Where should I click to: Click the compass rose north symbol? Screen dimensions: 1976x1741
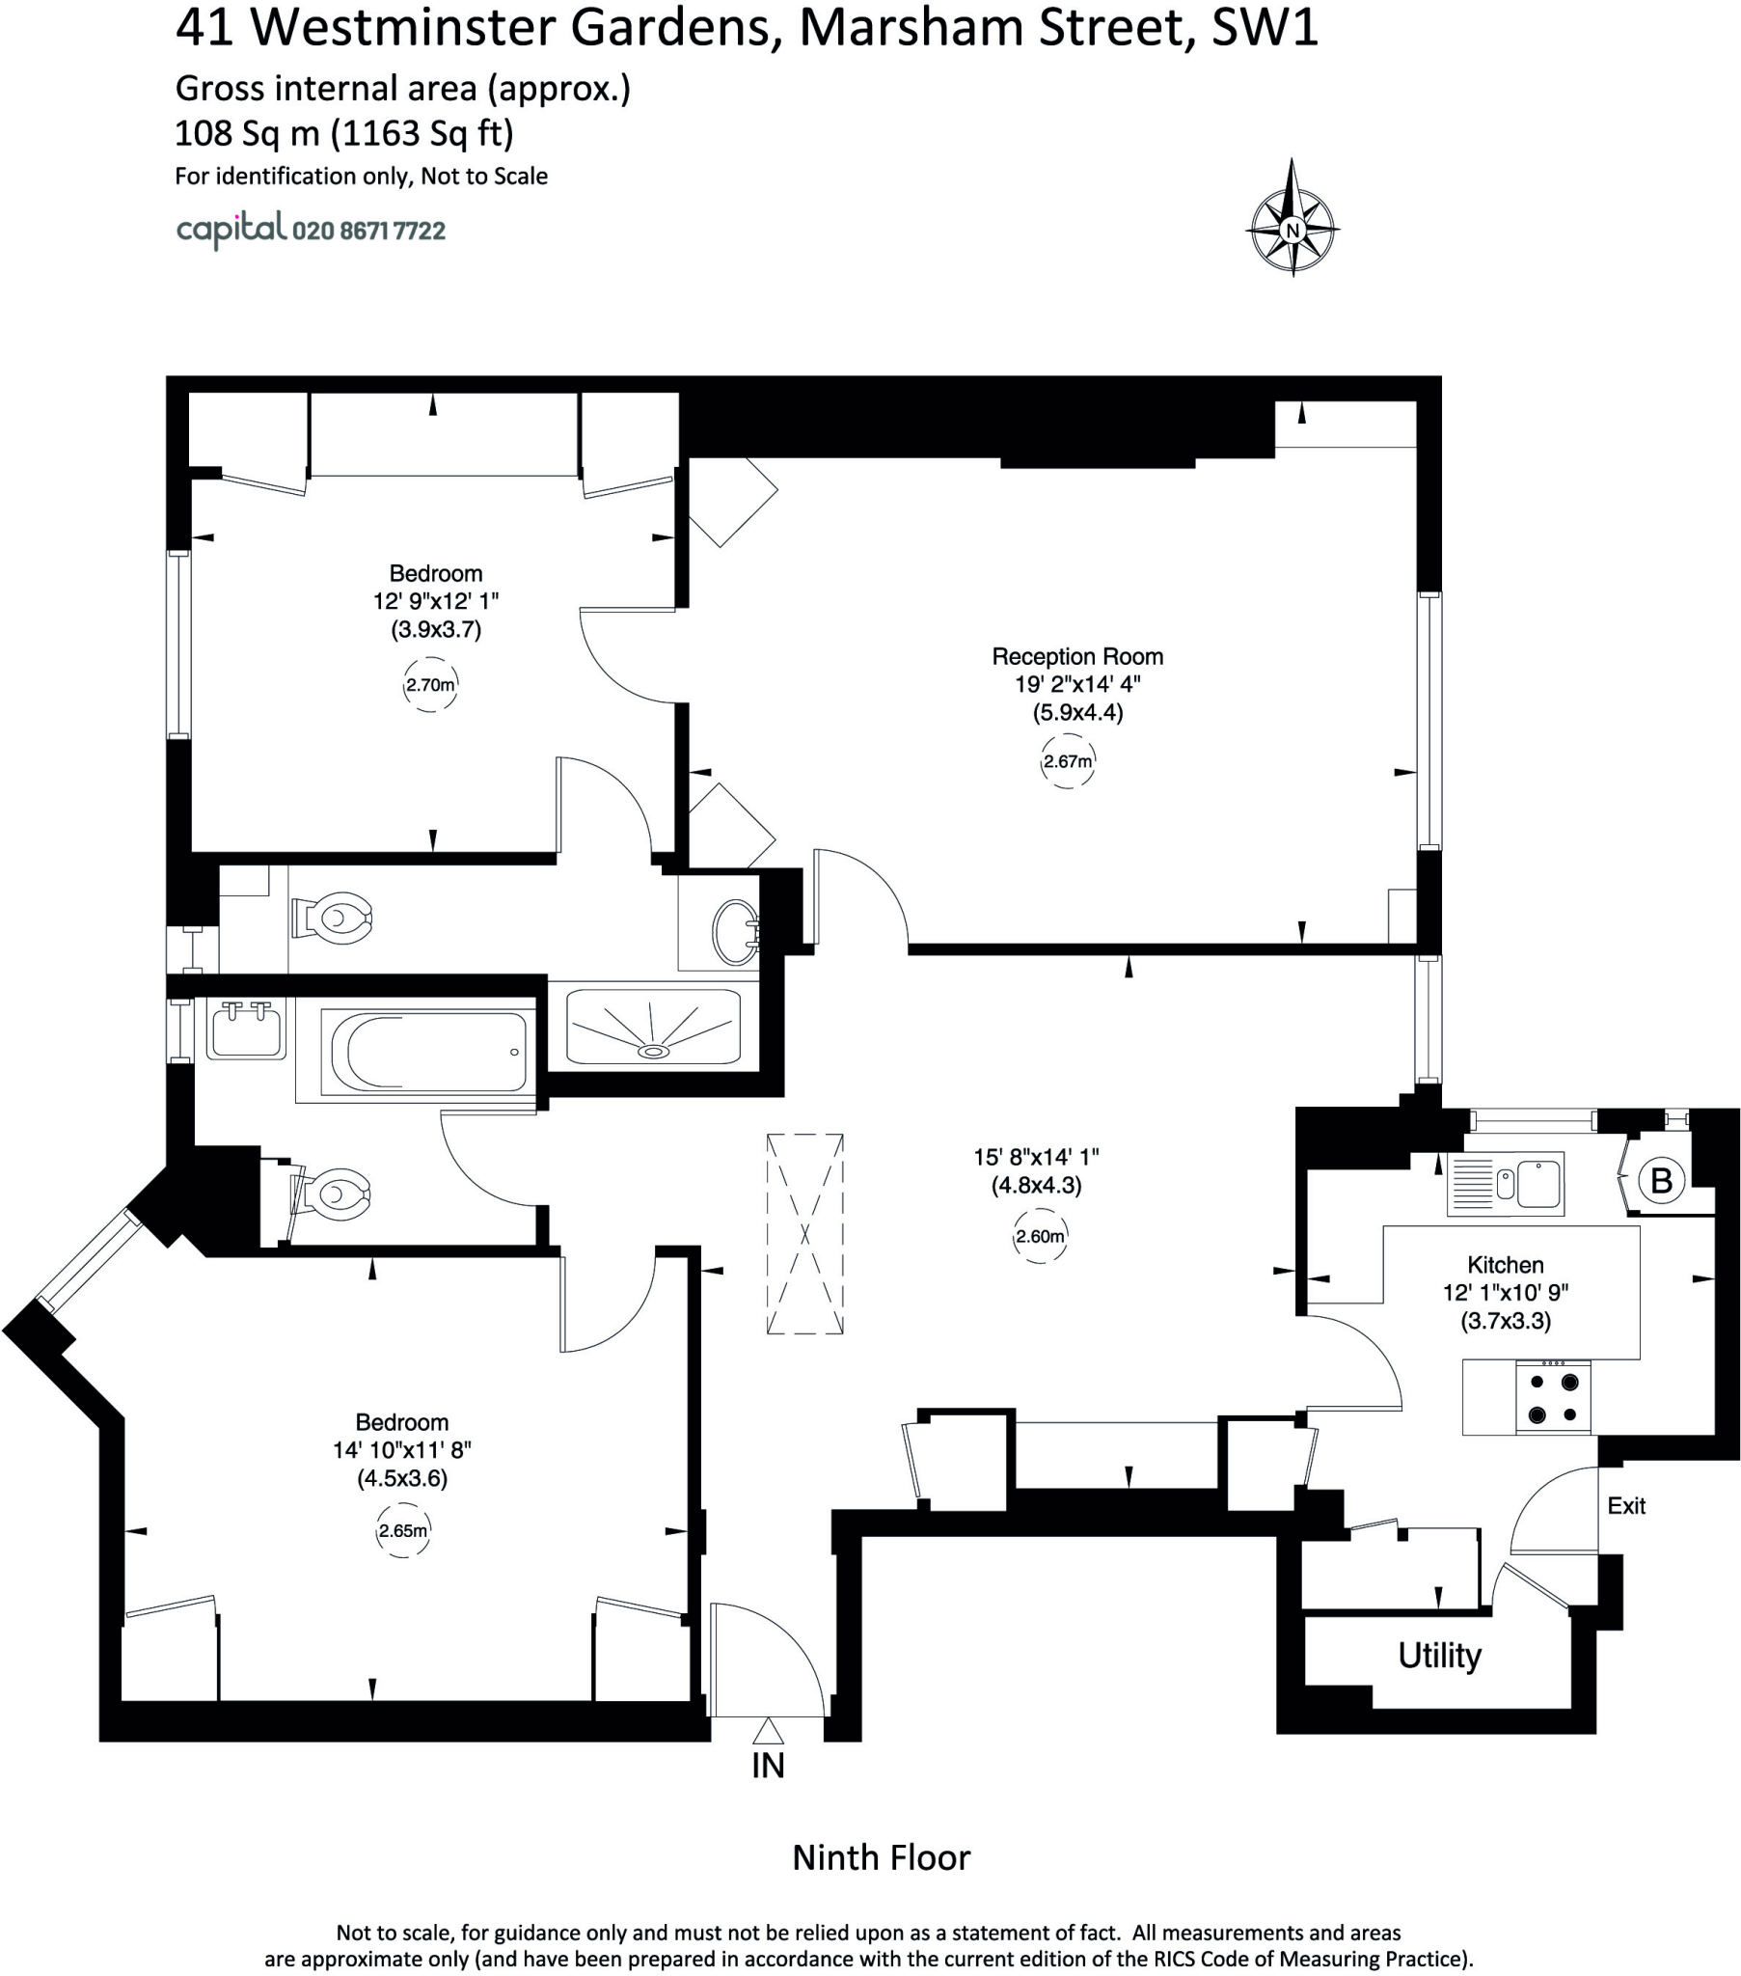pyautogui.click(x=1292, y=230)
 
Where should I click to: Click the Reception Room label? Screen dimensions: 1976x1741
pyautogui.click(x=1076, y=656)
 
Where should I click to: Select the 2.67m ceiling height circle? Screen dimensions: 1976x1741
pyautogui.click(x=1067, y=761)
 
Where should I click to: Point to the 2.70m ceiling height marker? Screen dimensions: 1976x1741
pyautogui.click(x=429, y=684)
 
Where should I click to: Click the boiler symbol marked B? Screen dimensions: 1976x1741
pyautogui.click(x=1661, y=1180)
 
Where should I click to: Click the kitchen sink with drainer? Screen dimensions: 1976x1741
pyautogui.click(x=1505, y=1181)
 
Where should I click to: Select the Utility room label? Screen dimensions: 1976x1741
pyautogui.click(x=1438, y=1656)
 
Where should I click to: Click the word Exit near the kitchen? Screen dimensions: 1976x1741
pyautogui.click(x=1626, y=1505)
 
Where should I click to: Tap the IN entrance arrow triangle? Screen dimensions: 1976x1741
pyautogui.click(x=768, y=1732)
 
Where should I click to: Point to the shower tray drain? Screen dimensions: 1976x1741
pyautogui.click(x=655, y=1050)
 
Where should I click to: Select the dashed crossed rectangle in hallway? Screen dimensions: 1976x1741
pyautogui.click(x=804, y=1234)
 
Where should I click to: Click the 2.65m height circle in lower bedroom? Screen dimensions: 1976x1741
pyautogui.click(x=402, y=1530)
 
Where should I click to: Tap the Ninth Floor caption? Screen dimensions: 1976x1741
pyautogui.click(x=881, y=1857)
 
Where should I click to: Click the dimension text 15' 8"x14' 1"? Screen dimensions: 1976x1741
pyautogui.click(x=1036, y=1156)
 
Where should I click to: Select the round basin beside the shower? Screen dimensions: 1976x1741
pyautogui.click(x=735, y=932)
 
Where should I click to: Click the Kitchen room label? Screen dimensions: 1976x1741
pyautogui.click(x=1505, y=1265)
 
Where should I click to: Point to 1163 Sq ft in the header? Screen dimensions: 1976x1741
pyautogui.click(x=422, y=132)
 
